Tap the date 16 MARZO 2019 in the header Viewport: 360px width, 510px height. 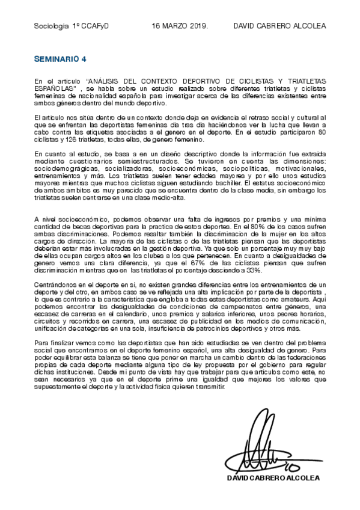[x=180, y=26]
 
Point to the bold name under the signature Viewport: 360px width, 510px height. [x=273, y=478]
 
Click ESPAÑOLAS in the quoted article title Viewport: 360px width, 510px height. [x=54, y=88]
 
